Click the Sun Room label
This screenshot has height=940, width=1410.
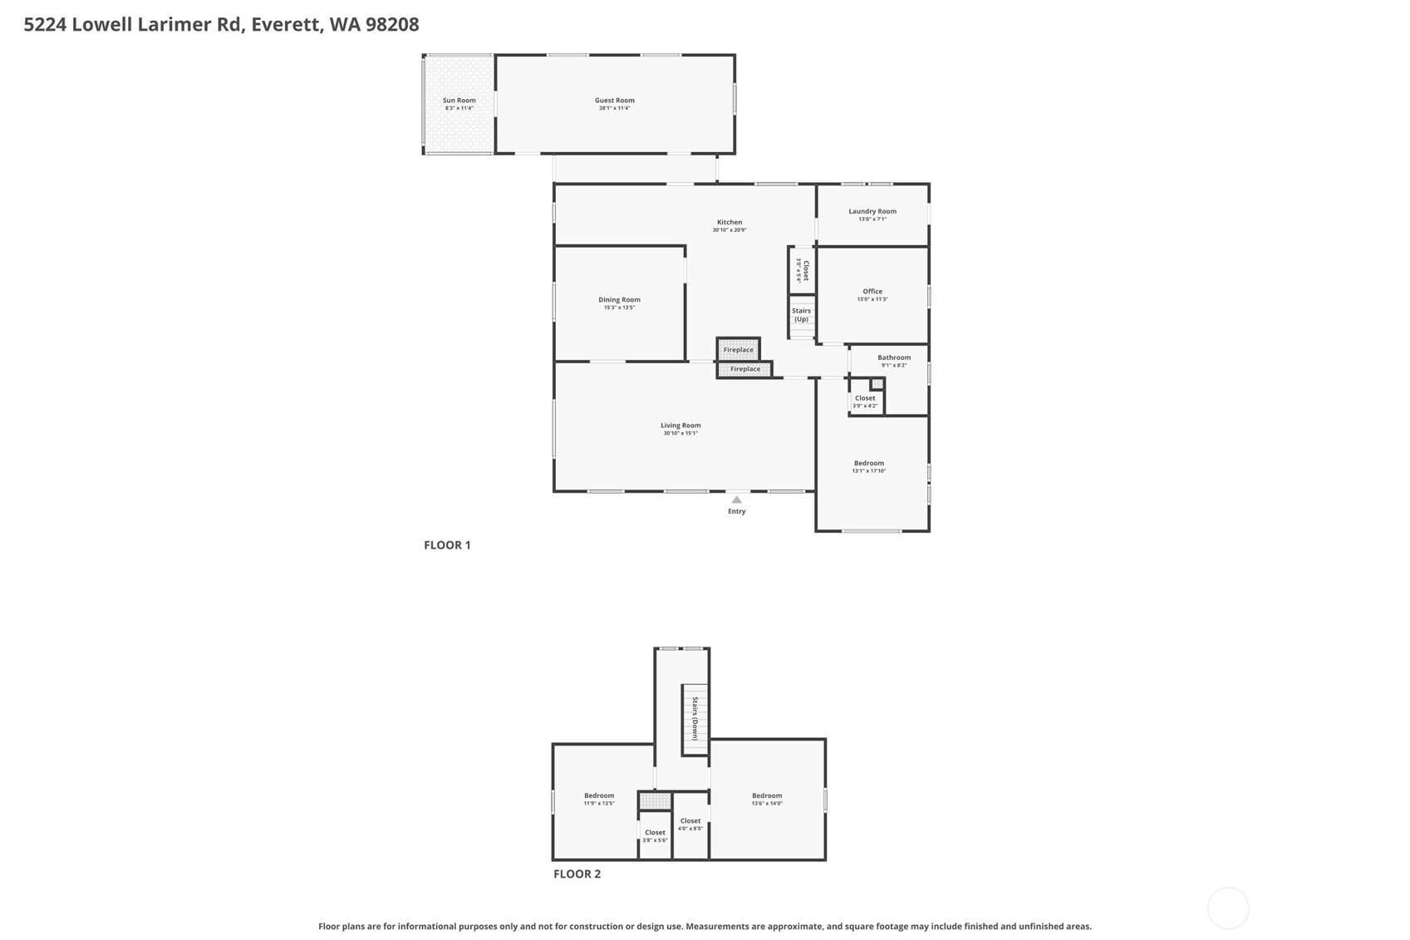[459, 101]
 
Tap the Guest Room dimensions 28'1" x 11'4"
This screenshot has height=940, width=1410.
[614, 108]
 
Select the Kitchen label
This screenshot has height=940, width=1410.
[730, 222]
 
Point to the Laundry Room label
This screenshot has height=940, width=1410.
[872, 211]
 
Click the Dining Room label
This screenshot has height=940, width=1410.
[619, 300]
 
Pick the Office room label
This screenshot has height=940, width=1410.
[872, 292]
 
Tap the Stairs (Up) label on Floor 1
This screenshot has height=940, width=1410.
[801, 315]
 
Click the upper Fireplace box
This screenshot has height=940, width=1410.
[738, 350]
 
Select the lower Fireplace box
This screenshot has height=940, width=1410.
[744, 369]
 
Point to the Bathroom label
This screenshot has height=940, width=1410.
[894, 357]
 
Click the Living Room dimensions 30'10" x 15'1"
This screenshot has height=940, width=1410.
[680, 433]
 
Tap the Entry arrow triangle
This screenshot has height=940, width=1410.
[736, 500]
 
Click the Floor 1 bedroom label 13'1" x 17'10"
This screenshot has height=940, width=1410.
[869, 470]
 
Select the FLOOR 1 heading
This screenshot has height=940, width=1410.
[447, 545]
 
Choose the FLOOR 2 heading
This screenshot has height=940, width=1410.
[577, 874]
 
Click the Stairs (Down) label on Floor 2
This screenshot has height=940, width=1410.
[695, 719]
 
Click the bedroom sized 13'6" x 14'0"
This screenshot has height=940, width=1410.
[767, 800]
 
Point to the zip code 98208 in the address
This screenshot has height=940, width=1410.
[392, 24]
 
